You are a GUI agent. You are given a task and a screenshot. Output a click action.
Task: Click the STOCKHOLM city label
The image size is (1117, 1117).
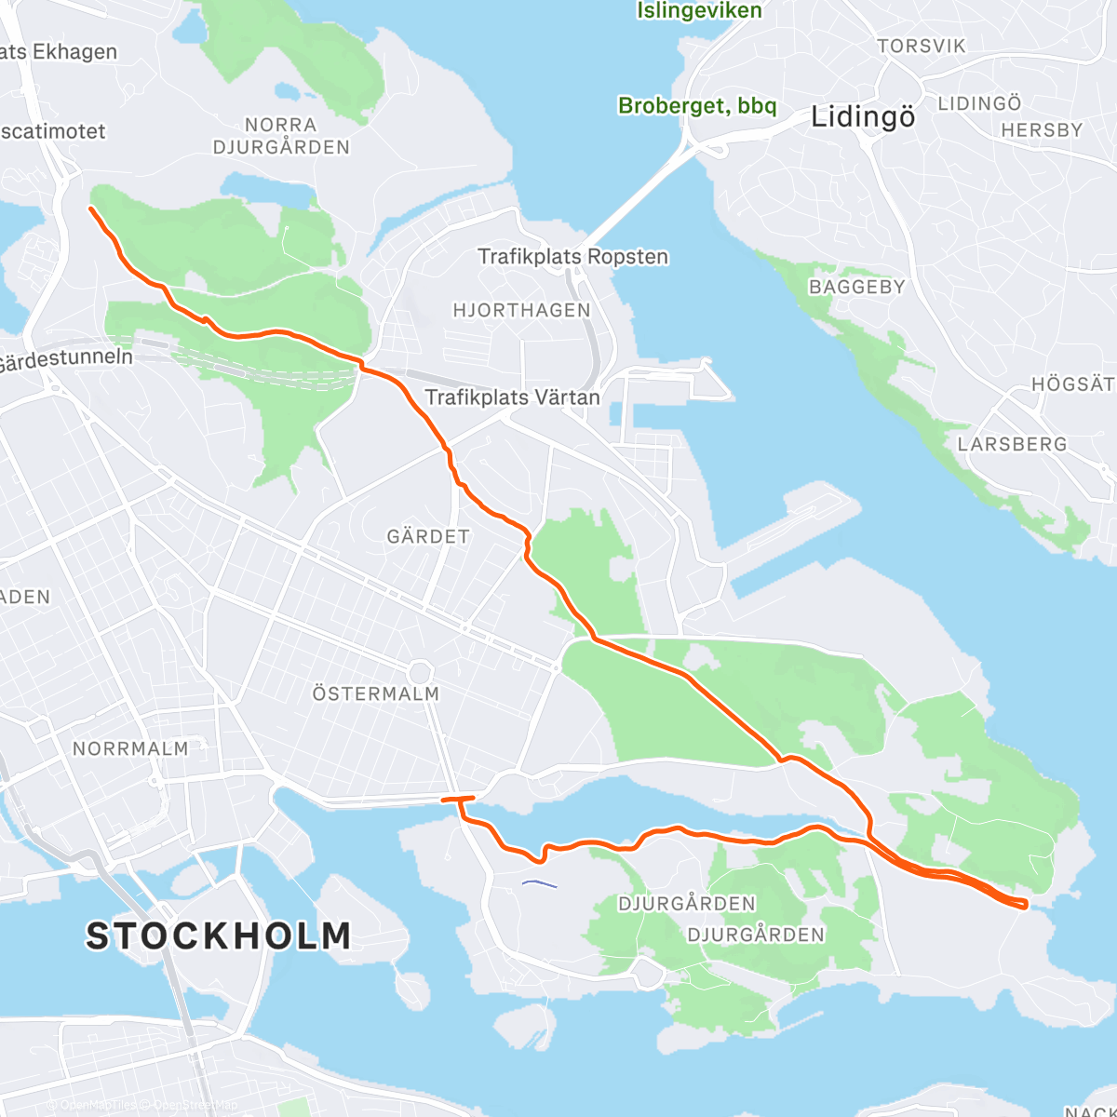click(219, 935)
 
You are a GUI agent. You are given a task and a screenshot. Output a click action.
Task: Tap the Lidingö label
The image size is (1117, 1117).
click(863, 117)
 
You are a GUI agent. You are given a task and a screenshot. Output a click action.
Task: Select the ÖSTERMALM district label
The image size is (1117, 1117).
click(375, 693)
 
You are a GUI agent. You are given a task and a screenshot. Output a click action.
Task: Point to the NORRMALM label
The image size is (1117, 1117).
click(130, 748)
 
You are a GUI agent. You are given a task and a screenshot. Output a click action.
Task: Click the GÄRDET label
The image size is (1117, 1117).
click(428, 536)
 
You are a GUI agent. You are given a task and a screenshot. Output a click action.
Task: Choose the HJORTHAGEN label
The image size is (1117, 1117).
click(521, 310)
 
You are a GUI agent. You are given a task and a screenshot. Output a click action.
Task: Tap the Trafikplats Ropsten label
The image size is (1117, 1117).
click(572, 256)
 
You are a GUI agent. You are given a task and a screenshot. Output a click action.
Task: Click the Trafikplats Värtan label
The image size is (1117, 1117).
click(512, 397)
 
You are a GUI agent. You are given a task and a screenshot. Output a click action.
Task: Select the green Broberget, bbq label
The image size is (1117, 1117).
click(697, 106)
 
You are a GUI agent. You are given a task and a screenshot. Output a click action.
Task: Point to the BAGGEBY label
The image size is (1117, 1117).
click(856, 287)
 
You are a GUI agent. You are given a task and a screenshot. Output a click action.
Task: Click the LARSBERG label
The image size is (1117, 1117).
click(1012, 444)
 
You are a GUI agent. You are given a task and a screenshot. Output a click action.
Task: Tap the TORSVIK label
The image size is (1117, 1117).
click(922, 46)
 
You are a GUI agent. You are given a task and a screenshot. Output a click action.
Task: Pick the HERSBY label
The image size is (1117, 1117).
click(1042, 130)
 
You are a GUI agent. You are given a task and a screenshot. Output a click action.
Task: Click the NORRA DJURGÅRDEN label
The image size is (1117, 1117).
click(281, 136)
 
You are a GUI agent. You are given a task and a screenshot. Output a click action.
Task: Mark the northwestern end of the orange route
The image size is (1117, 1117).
click(90, 209)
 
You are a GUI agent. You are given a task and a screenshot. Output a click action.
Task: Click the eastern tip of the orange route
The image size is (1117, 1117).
click(1025, 903)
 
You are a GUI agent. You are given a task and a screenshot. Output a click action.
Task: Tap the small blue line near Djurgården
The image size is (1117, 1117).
click(540, 883)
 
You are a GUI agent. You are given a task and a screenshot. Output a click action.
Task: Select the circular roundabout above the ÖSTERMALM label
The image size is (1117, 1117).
click(420, 672)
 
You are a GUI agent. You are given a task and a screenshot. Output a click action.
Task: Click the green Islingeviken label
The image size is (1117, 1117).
click(699, 11)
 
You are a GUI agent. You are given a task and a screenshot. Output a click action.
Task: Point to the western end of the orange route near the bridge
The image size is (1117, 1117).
click(444, 799)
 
